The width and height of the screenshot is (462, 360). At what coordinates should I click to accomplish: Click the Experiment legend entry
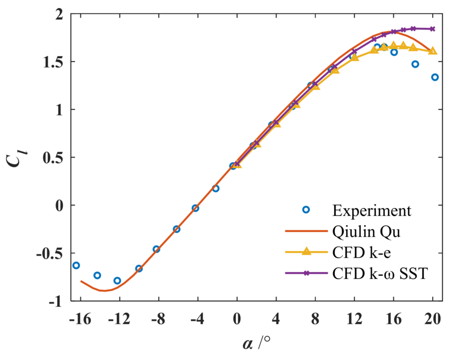coord(371,210)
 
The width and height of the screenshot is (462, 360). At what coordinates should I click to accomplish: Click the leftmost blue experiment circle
coord(76,265)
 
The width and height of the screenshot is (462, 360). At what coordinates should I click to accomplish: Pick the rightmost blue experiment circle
coord(435,77)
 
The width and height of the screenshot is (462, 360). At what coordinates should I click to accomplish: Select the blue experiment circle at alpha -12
coord(117,281)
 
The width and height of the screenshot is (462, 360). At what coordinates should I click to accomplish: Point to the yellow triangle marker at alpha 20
coord(433,51)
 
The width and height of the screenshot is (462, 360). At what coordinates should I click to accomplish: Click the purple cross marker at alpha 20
coord(433,29)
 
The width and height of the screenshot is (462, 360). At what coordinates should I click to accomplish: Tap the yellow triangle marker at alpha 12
coord(355,57)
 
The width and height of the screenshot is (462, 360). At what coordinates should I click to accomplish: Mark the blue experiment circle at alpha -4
coord(196,208)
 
